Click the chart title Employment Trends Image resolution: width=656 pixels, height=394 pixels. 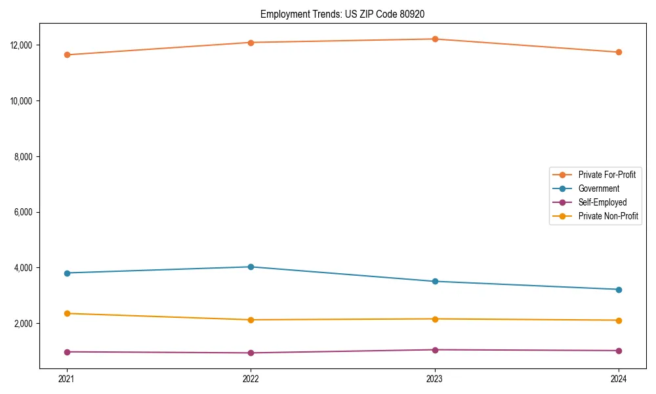pyautogui.click(x=347, y=14)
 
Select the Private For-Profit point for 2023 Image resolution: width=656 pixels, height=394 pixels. pyautogui.click(x=434, y=39)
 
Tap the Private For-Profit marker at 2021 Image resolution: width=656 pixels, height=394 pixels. pyautogui.click(x=66, y=55)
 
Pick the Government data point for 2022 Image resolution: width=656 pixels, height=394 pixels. pyautogui.click(x=251, y=267)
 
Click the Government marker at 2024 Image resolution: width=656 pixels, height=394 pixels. pyautogui.click(x=619, y=290)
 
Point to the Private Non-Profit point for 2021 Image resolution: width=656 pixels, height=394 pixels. pyautogui.click(x=66, y=313)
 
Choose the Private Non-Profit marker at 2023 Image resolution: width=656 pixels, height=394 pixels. pyautogui.click(x=434, y=319)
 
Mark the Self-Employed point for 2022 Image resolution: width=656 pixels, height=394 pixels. pyautogui.click(x=251, y=353)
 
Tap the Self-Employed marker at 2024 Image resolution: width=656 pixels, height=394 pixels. pyautogui.click(x=619, y=351)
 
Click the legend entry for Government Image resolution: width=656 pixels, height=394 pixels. pyautogui.click(x=598, y=188)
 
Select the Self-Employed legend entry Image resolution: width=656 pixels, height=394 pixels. pyautogui.click(x=602, y=202)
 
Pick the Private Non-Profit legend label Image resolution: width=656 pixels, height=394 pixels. pyautogui.click(x=608, y=216)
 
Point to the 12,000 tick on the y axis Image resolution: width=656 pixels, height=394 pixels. pyautogui.click(x=22, y=45)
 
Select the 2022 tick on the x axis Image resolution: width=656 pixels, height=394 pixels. pyautogui.click(x=251, y=378)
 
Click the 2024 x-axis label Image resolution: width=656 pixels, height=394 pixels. pyautogui.click(x=619, y=378)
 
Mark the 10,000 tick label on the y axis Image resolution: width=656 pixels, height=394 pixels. pyautogui.click(x=22, y=101)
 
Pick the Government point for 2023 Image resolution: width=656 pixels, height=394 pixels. pyautogui.click(x=434, y=281)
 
